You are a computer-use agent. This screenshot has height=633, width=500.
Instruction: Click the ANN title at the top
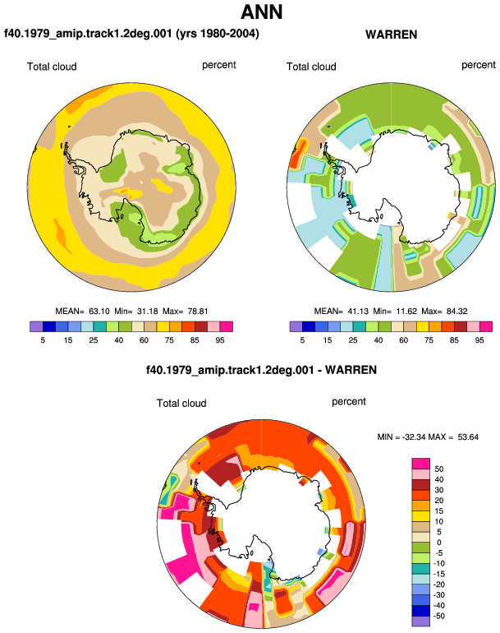pos(262,12)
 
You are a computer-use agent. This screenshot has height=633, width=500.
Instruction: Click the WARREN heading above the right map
pos(391,35)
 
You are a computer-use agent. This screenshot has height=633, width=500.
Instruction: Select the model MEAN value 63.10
pos(99,312)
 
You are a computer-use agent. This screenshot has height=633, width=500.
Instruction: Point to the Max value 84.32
pos(456,312)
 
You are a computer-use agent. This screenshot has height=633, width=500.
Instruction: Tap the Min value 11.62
pos(406,312)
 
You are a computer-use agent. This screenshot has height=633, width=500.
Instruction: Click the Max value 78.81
pos(198,312)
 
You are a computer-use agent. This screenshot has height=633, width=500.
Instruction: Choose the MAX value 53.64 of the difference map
pos(468,437)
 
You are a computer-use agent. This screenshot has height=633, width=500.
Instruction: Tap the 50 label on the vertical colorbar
pos(439,469)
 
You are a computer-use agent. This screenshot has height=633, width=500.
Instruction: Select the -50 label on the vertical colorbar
pos(438,616)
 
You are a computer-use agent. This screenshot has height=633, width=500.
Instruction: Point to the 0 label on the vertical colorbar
pos(439,543)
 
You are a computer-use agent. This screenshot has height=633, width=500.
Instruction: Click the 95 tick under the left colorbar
pos(220,340)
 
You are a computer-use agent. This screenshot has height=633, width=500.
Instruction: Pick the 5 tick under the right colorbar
pos(302,340)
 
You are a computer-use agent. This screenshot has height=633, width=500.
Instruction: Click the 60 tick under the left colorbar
pos(144,340)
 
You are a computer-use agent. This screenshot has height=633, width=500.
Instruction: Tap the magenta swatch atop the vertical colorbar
pos(421,464)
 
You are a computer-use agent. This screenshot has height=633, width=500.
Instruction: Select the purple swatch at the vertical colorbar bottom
pos(421,621)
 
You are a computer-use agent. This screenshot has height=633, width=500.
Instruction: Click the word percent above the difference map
pos(349,402)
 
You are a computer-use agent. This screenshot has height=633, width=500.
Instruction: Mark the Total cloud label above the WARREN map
pos(311,67)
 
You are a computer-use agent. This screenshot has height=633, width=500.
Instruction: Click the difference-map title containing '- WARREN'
pos(261,370)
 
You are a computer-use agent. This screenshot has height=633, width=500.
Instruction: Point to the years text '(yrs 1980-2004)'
pos(218,33)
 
